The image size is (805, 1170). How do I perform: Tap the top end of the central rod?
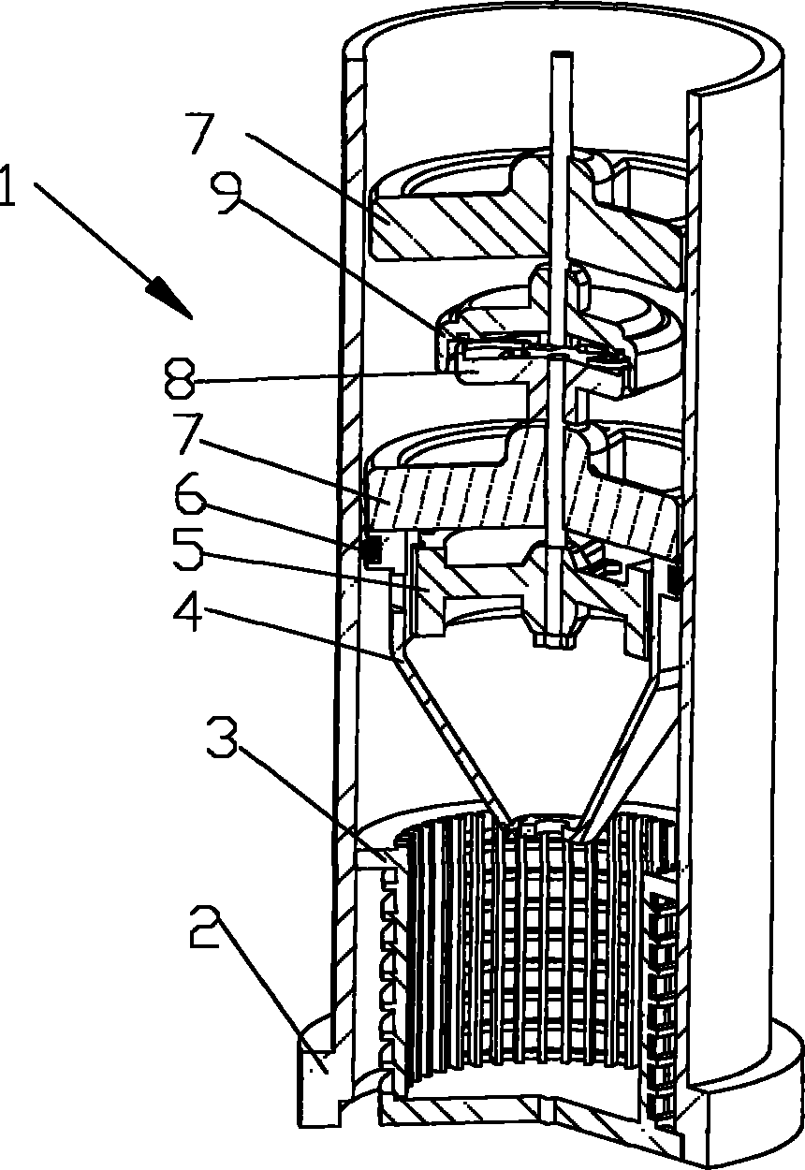[561, 57]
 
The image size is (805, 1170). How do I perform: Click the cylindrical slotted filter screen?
[524, 955]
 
